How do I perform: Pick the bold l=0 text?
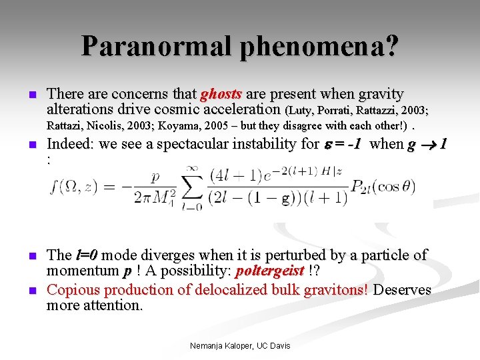87,255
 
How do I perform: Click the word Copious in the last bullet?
72,290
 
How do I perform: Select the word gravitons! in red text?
336,290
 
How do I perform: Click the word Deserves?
403,290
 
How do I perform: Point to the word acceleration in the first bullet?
241,109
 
